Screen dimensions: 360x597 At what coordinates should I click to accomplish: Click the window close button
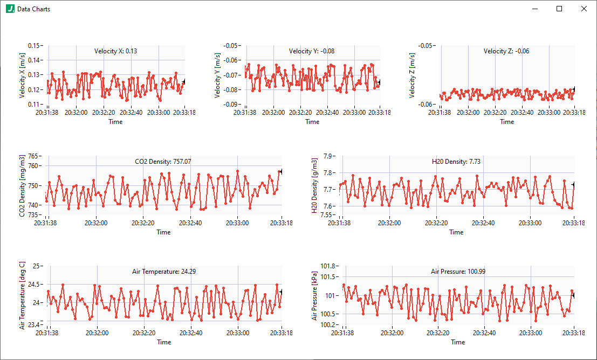pyautogui.click(x=584, y=9)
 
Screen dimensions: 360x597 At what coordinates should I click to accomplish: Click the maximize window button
pyautogui.click(x=559, y=9)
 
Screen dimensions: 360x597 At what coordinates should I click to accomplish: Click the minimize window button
pyautogui.click(x=534, y=9)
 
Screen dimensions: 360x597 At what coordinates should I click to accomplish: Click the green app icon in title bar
pyautogui.click(x=10, y=9)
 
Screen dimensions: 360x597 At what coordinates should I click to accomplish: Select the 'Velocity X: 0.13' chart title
pyautogui.click(x=115, y=51)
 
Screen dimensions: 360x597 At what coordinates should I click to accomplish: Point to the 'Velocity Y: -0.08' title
pyautogui.click(x=311, y=51)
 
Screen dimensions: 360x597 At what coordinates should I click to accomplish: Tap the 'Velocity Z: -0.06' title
pyautogui.click(x=506, y=51)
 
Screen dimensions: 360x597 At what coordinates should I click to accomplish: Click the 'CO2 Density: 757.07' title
pyautogui.click(x=163, y=161)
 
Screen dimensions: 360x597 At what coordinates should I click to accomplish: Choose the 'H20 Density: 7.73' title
pyautogui.click(x=456, y=161)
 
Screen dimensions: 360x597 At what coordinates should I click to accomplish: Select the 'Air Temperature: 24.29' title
pyautogui.click(x=163, y=271)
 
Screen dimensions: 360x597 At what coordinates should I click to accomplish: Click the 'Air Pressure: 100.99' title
pyautogui.click(x=457, y=271)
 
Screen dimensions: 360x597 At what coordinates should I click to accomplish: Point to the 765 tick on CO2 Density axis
pyautogui.click(x=33, y=156)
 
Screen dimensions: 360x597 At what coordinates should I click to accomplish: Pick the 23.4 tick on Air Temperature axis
pyautogui.click(x=33, y=325)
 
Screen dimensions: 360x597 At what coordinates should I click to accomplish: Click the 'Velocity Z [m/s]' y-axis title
pyautogui.click(x=413, y=75)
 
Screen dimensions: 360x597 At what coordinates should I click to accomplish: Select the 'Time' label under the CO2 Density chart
pyautogui.click(x=163, y=232)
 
